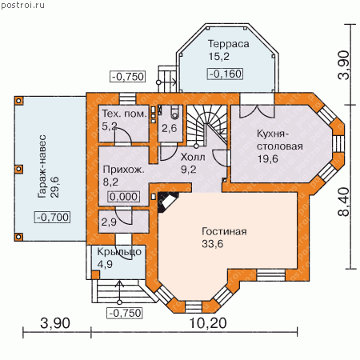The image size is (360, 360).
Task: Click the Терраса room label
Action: click(x=229, y=44)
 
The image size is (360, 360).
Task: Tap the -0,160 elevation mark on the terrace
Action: click(x=226, y=74)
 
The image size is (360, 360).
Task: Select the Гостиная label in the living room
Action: click(x=224, y=231)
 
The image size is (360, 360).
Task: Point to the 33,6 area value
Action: click(x=212, y=244)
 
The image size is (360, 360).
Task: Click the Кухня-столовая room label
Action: click(x=280, y=140)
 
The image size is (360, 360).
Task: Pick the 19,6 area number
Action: click(x=268, y=159)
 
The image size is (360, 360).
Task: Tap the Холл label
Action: click(x=193, y=157)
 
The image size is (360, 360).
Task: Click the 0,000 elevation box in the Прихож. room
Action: click(x=124, y=197)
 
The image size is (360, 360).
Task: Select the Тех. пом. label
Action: click(x=125, y=114)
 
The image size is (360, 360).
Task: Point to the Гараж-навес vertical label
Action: click(x=42, y=166)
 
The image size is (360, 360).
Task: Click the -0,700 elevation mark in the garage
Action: click(x=53, y=217)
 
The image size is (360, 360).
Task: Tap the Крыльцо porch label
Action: click(x=119, y=252)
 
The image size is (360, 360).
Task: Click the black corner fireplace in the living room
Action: click(x=167, y=202)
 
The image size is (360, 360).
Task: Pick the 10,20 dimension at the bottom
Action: click(x=208, y=323)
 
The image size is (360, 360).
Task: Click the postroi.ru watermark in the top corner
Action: click(x=22, y=5)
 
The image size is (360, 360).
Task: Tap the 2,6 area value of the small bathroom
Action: click(x=170, y=128)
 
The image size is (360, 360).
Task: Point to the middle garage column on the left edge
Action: click(x=18, y=169)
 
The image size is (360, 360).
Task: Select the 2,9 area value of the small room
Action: click(x=109, y=222)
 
